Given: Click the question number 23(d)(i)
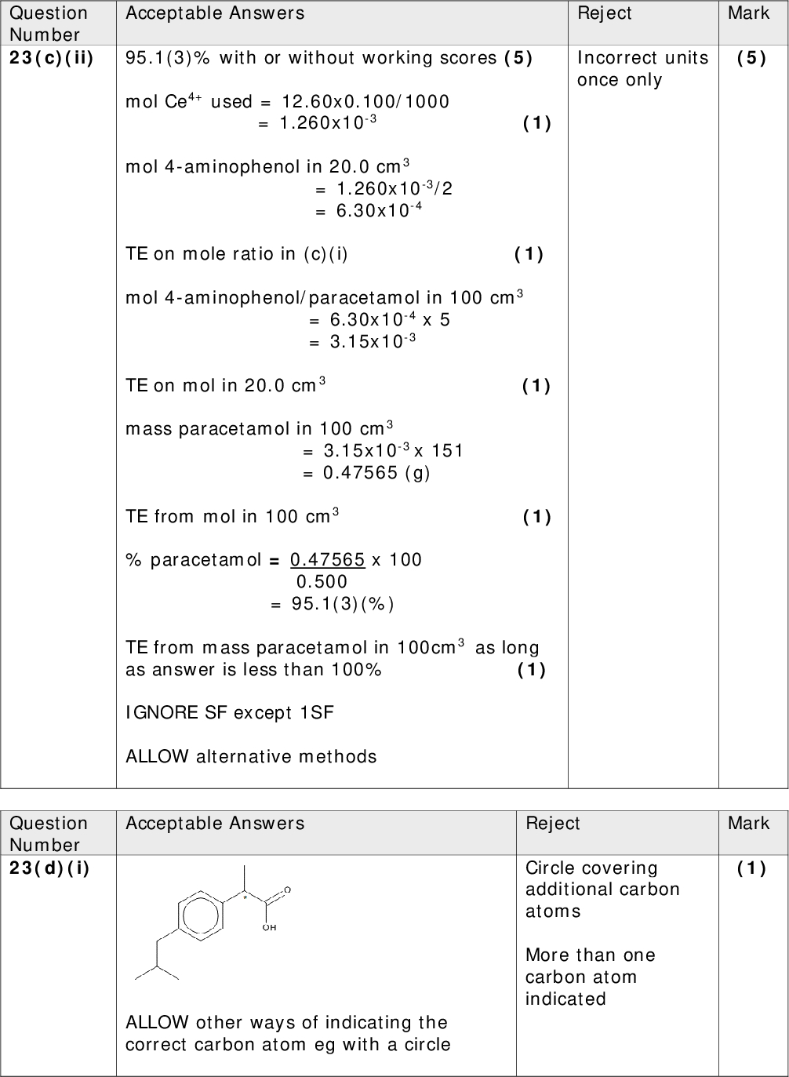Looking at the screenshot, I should (49, 868).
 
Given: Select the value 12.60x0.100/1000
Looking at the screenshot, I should (365, 102).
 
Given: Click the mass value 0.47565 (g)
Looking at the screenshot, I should (376, 473).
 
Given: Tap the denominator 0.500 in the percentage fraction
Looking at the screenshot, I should (322, 582).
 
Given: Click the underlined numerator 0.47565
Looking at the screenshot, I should (327, 560).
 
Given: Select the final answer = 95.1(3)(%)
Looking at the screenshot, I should (332, 604).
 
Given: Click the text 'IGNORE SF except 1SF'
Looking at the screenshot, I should (229, 713).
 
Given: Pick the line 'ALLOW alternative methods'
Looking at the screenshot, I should (251, 757).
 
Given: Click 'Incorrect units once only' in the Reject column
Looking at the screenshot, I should (642, 69).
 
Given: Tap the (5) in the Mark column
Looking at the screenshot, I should (751, 58).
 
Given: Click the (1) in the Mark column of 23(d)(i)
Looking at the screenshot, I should (751, 868).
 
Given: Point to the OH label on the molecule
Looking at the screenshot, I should (269, 927).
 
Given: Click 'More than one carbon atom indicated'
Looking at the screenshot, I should (591, 977).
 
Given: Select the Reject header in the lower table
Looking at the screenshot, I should (553, 824).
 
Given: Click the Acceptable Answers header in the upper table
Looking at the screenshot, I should (215, 13).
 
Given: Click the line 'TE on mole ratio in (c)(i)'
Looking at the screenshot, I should (237, 254).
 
